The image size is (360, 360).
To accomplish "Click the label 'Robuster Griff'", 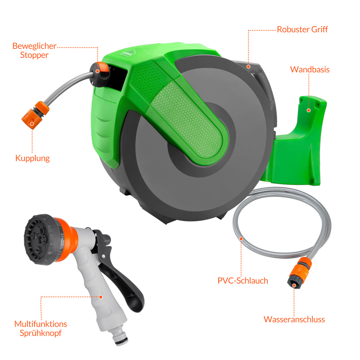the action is [302, 30].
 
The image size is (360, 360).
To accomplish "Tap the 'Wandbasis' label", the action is [310, 69].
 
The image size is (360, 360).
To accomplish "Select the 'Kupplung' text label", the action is [32, 158].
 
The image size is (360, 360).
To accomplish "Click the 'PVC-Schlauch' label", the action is [243, 280].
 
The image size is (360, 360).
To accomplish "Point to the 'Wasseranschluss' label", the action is [294, 319].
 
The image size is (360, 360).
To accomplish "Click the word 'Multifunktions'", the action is [41, 324].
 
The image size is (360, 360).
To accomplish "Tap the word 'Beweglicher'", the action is [34, 46].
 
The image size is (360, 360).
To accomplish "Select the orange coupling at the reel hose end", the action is [35, 115].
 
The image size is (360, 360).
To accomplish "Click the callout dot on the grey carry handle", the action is [248, 67].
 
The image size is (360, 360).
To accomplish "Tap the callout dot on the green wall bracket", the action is [309, 111].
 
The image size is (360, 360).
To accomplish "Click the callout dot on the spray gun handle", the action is [100, 297].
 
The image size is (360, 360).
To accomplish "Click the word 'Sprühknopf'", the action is [41, 333].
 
